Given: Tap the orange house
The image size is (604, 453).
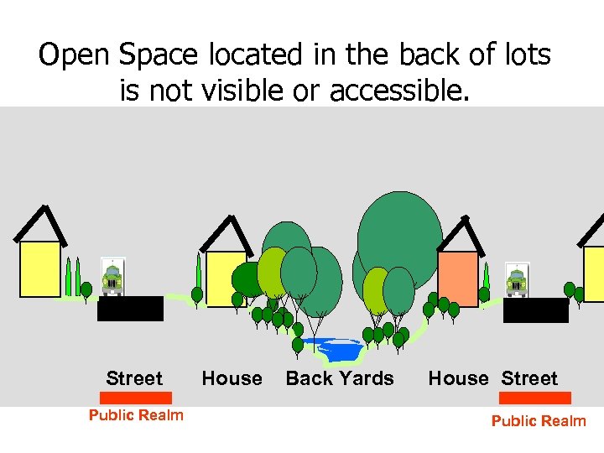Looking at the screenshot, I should coord(457,279).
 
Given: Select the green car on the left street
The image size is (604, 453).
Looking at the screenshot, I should coord(112,279).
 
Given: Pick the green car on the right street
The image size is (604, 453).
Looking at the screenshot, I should coord(517,279).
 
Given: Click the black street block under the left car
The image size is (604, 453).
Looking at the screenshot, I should coord(130,309).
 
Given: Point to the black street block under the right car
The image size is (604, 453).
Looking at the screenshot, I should coord(536,310).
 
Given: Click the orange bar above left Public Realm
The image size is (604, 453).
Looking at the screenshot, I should coord(136,398).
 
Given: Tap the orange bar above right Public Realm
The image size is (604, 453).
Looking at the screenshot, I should coord(535,398).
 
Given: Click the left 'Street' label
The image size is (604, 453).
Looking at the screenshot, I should coord(134,378).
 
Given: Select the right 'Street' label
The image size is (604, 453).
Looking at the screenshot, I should coord(529,378).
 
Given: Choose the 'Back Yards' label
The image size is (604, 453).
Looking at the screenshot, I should coord(340,378).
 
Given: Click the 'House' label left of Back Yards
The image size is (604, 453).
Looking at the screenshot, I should coord(232,378).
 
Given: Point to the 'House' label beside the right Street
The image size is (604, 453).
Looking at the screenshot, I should coord(458,378).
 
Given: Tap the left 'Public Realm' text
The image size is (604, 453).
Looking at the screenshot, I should coord(136,414).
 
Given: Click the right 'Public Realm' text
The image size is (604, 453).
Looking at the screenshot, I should coord(539,420).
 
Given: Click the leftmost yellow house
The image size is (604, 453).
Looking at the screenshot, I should coord(40,268).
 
